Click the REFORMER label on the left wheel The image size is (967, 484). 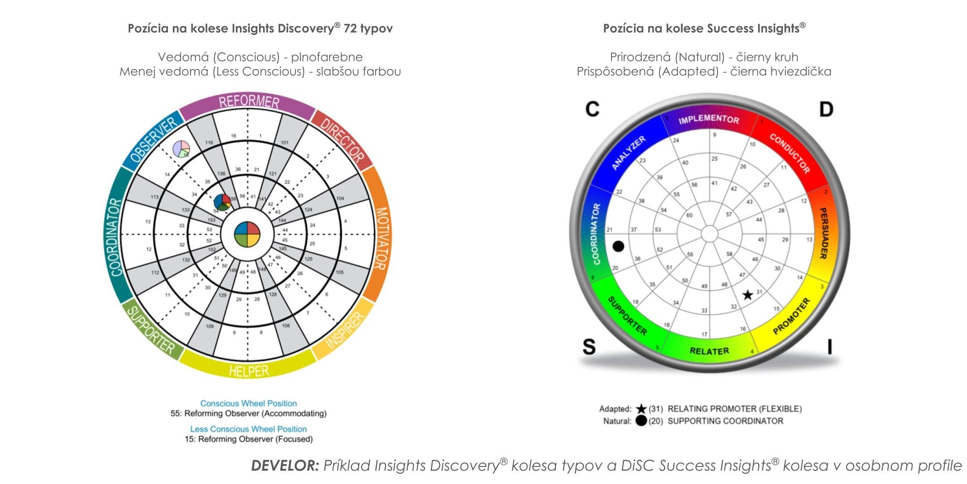click(x=248, y=102)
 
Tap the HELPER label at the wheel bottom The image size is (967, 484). click(x=249, y=371)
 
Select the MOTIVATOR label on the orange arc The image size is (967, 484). click(x=381, y=238)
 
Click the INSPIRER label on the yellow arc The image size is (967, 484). click(x=345, y=330)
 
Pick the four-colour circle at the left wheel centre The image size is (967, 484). click(x=247, y=234)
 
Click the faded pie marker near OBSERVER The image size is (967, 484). click(x=181, y=148)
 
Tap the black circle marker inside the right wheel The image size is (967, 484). click(x=618, y=246)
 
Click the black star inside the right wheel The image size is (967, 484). click(x=748, y=295)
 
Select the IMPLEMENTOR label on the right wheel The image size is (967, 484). click(x=709, y=119)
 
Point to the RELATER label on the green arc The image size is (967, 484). click(x=709, y=351)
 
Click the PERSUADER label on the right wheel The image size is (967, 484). click(x=823, y=233)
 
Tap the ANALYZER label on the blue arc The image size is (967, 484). click(x=629, y=152)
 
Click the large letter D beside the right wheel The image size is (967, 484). click(x=826, y=109)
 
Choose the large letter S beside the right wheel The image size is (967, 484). click(x=589, y=346)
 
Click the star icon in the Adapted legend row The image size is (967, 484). click(x=641, y=409)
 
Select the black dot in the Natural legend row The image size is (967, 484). click(x=641, y=421)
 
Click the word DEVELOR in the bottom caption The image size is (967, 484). click(x=285, y=466)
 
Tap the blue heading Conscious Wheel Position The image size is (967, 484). click(x=248, y=403)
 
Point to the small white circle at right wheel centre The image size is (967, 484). click(x=709, y=233)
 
